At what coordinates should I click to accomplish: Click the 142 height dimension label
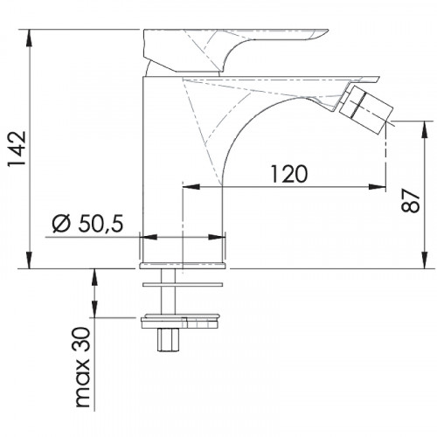[x=17, y=149]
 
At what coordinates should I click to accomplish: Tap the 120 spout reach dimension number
[x=289, y=174]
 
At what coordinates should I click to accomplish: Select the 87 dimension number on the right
[x=411, y=201]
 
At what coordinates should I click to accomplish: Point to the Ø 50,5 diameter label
[x=88, y=224]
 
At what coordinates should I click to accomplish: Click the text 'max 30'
[x=82, y=367]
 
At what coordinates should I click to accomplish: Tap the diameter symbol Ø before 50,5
[x=61, y=224]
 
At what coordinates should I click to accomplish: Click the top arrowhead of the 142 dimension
[x=29, y=38]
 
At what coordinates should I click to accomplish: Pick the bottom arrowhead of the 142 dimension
[x=29, y=260]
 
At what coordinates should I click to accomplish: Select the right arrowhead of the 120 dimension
[x=378, y=187]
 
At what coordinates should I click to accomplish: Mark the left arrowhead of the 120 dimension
[x=191, y=187]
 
